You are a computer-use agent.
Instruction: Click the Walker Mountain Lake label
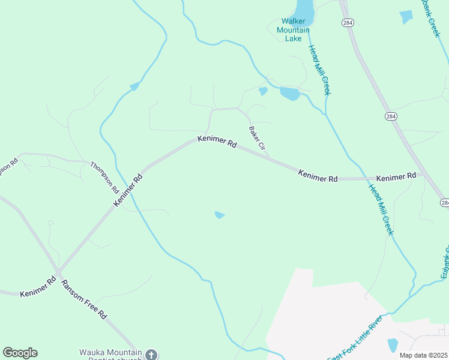pos(294,30)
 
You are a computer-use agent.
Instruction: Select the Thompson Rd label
pos(104,176)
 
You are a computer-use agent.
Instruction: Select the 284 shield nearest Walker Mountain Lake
pos(349,23)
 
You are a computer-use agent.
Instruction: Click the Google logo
pos(20,352)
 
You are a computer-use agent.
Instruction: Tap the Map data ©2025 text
pos(423,355)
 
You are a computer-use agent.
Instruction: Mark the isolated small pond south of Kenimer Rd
pos(220,215)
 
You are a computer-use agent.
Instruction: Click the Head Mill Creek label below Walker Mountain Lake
pos(319,70)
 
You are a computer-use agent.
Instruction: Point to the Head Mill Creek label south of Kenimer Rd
pos(381,209)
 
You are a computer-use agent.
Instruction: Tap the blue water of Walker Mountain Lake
pos(304,8)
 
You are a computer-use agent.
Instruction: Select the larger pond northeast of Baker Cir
pos(289,94)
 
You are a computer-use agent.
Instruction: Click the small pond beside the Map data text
pos(393,345)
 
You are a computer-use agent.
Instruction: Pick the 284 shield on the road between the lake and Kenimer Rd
pos(390,115)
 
